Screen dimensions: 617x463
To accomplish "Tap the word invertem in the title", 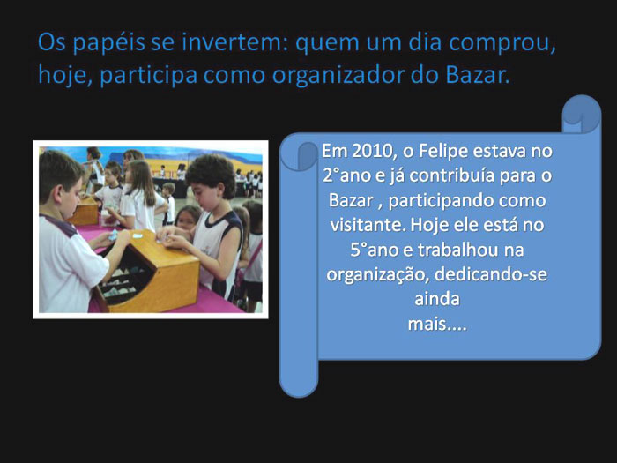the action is pos(231,42).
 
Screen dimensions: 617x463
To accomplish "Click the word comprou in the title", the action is pos(502,43).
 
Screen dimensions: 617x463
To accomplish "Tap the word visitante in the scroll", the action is pos(368,225).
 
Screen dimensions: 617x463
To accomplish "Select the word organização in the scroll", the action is pos(377,275).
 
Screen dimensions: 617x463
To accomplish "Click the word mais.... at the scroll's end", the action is pos(437,325).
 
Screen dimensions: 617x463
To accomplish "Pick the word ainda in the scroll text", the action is pos(437,299).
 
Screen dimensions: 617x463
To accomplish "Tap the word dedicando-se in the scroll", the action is pos(491,274).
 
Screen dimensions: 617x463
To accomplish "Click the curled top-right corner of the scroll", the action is pos(582,114).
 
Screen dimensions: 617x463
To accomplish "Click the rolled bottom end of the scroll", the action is pos(299,378).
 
